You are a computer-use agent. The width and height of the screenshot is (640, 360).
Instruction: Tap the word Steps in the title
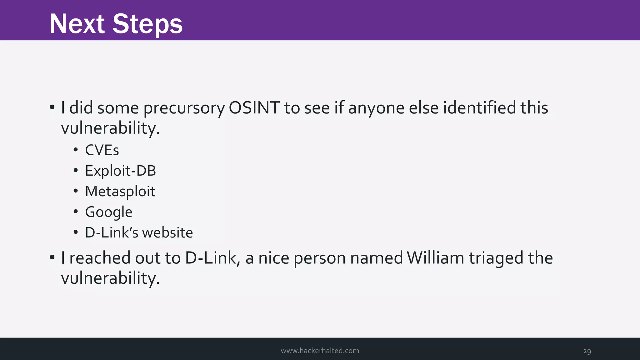(x=147, y=24)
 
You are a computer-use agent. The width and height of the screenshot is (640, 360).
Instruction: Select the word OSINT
(x=254, y=108)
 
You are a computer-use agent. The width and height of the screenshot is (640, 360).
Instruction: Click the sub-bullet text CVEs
(x=102, y=150)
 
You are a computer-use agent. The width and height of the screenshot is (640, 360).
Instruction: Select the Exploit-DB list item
(x=120, y=171)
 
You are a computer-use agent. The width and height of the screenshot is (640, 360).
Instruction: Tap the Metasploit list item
(x=120, y=192)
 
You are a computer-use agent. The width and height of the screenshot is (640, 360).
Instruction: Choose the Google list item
(x=108, y=212)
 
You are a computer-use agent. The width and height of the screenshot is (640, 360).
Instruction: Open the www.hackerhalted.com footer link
(x=320, y=351)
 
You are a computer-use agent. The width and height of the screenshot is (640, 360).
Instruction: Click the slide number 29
(x=587, y=351)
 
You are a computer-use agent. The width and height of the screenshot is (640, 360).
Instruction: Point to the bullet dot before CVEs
(x=76, y=150)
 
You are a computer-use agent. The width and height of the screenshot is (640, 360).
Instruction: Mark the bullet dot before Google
(x=76, y=212)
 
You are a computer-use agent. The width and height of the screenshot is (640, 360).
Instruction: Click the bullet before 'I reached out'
(x=52, y=258)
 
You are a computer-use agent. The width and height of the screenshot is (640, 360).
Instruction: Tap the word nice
(x=273, y=258)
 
